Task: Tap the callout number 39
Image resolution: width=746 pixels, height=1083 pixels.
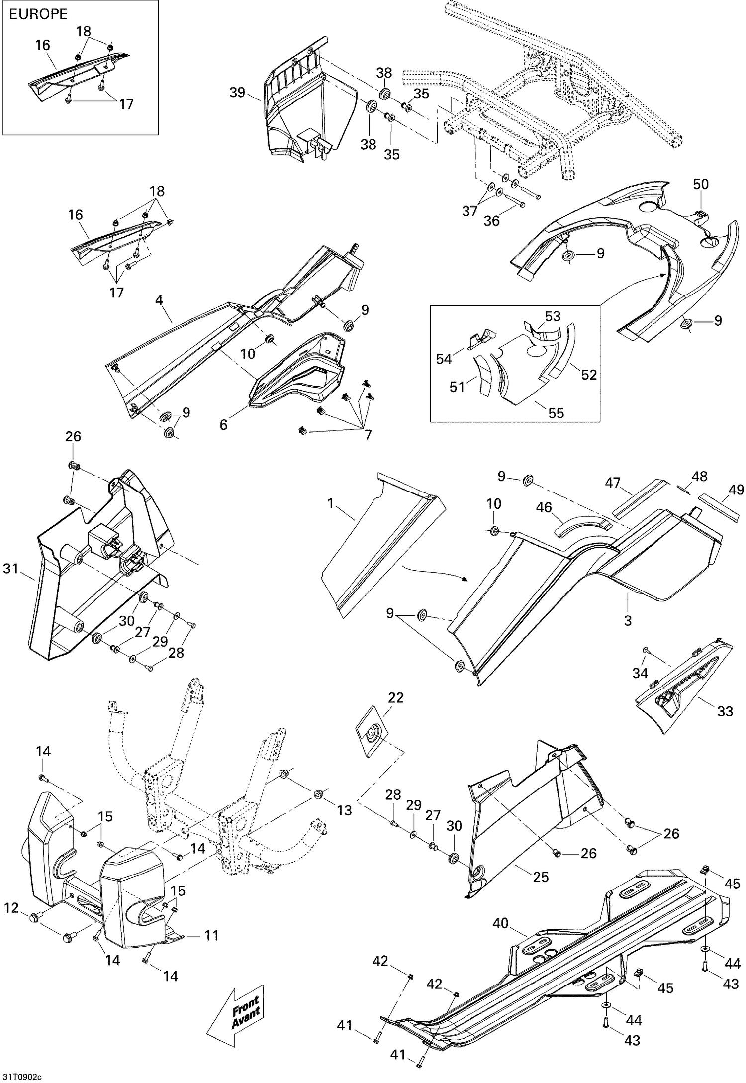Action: [x=238, y=93]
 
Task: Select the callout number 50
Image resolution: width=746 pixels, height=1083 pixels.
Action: [x=701, y=184]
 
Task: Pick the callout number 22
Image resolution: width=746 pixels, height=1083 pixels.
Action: [x=396, y=698]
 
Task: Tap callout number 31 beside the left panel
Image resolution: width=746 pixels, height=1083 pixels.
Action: [x=11, y=568]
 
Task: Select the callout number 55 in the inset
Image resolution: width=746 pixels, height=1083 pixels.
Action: [x=556, y=412]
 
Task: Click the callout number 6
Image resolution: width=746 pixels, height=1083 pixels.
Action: [x=224, y=425]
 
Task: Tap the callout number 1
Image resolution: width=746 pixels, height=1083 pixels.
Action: [x=331, y=504]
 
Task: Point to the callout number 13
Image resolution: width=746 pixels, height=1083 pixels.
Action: [x=344, y=810]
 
